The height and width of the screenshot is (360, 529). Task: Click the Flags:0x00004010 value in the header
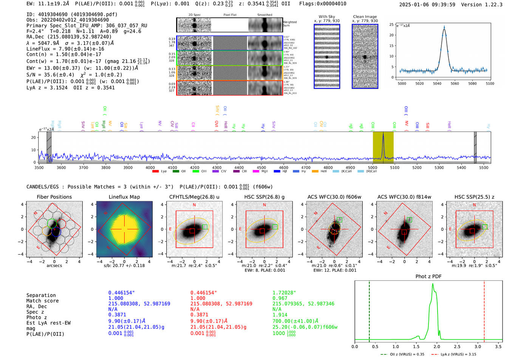tap(323, 4)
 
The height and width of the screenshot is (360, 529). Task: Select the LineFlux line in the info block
tap(65, 49)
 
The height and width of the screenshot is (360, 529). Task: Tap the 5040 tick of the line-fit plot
tap(437, 83)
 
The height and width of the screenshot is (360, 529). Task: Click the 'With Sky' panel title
tap(326, 17)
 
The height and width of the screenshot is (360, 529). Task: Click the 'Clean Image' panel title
tap(365, 17)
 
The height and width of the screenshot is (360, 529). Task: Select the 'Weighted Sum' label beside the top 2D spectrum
tap(289, 24)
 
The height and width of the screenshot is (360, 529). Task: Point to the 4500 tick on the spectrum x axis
tap(261, 167)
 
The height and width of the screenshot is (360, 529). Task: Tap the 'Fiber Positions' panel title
tap(54, 197)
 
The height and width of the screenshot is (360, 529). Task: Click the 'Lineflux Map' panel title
tap(124, 197)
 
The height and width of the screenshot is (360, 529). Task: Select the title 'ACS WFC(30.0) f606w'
tap(334, 197)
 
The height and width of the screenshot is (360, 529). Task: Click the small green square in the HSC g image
tap(275, 227)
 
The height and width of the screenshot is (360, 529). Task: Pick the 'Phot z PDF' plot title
tap(428, 277)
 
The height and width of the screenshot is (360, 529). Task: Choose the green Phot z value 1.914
tap(280, 315)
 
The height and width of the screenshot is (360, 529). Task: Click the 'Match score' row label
tap(42, 301)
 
